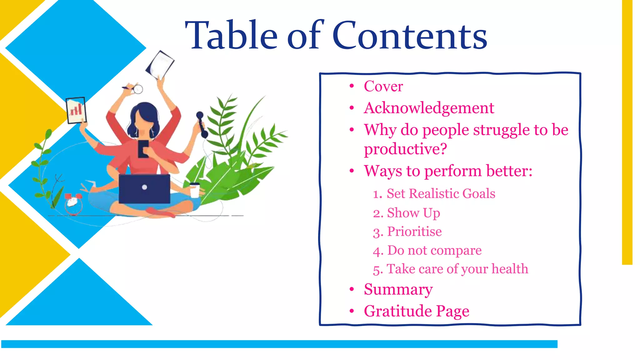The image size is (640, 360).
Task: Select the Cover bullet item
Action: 383,87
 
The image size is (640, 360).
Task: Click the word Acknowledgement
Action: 429,108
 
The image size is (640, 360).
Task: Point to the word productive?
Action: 405,149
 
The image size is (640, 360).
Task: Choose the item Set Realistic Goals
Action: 441,194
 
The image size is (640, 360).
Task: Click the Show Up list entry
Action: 413,213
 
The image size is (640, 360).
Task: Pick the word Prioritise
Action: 414,232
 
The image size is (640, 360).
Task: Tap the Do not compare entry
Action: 434,251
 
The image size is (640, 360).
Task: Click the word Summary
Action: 398,289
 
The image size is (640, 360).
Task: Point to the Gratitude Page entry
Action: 416,311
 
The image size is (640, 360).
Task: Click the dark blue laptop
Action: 144,188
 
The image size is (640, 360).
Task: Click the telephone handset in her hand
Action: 202,125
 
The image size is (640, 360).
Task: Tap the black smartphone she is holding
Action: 143,148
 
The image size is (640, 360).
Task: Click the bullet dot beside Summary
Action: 352,289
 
